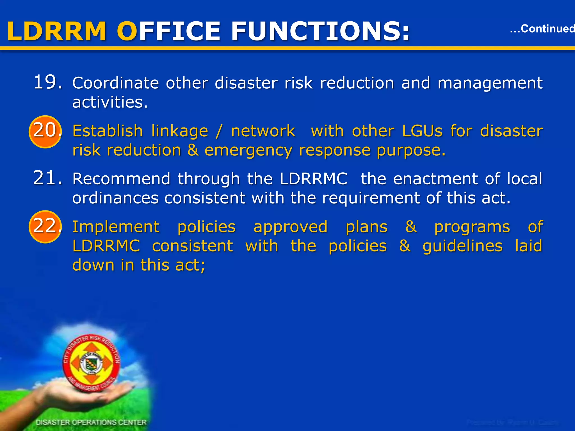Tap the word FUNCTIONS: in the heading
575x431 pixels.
pyautogui.click(x=320, y=31)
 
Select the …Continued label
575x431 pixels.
pyautogui.click(x=542, y=29)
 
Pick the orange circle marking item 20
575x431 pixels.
pyautogui.click(x=45, y=132)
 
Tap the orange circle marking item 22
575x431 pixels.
pyautogui.click(x=45, y=226)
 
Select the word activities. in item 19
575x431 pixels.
pyautogui.click(x=110, y=102)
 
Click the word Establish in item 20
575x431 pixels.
pyautogui.click(x=108, y=131)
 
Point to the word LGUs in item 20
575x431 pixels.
pyautogui.click(x=422, y=131)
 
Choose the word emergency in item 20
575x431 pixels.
pyautogui.click(x=248, y=151)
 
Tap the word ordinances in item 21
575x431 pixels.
pyautogui.click(x=115, y=198)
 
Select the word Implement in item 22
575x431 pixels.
pyautogui.click(x=116, y=227)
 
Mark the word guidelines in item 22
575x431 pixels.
pyautogui.click(x=462, y=246)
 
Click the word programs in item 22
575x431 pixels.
pyautogui.click(x=472, y=227)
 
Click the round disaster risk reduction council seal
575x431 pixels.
pyautogui.click(x=92, y=363)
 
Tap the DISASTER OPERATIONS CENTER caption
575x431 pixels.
pyautogui.click(x=91, y=422)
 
